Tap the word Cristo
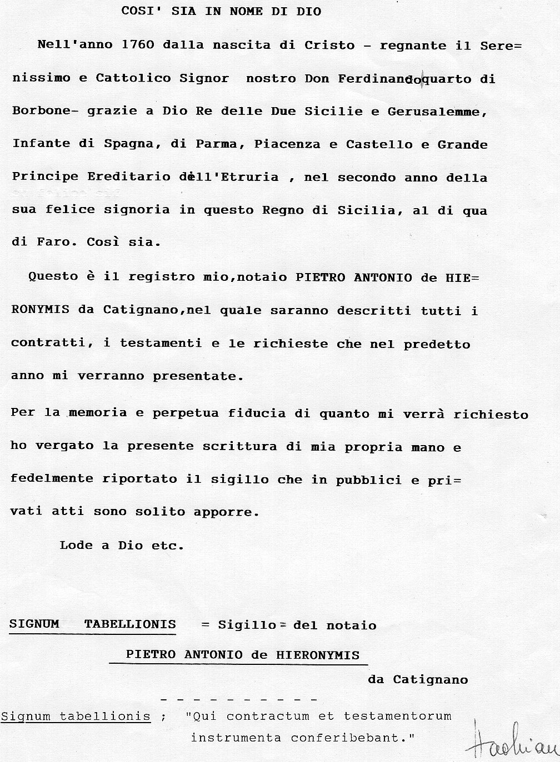point(329,45)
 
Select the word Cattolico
point(133,78)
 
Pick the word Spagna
point(129,144)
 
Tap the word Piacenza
point(287,144)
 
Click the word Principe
point(45,177)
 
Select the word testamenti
point(161,344)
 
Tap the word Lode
point(76,545)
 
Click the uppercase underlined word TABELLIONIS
point(130,624)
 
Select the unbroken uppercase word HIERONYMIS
point(318,655)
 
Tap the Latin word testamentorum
point(397,716)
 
